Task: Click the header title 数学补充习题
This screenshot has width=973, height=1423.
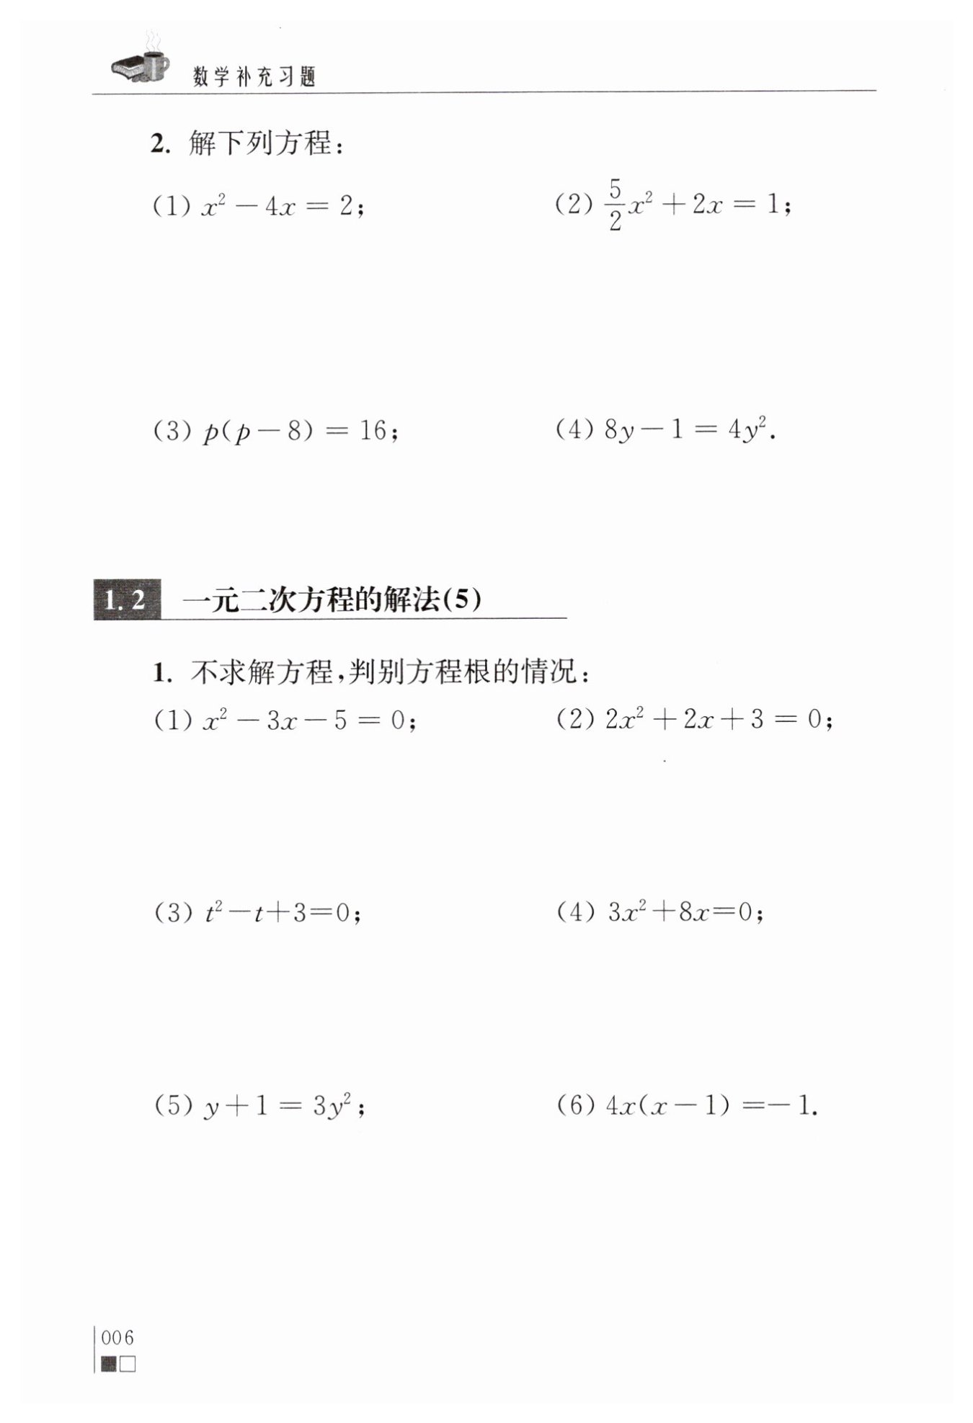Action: pyautogui.click(x=255, y=77)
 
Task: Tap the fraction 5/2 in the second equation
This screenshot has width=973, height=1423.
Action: pyautogui.click(x=614, y=206)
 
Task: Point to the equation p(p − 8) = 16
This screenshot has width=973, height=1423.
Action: pyautogui.click(x=299, y=432)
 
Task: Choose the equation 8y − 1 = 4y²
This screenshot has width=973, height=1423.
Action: pyautogui.click(x=689, y=430)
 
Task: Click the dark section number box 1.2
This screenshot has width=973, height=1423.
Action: pyautogui.click(x=126, y=599)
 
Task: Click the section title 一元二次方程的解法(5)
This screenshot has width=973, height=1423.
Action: pyautogui.click(x=332, y=599)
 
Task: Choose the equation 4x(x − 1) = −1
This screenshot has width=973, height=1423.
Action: pyautogui.click(x=710, y=1105)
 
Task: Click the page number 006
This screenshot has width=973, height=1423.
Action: pyautogui.click(x=118, y=1338)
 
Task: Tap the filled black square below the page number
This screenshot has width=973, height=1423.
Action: pyautogui.click(x=109, y=1364)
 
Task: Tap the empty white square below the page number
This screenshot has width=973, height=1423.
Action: pyautogui.click(x=128, y=1364)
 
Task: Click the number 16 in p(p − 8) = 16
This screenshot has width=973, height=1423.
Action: pyautogui.click(x=373, y=431)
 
